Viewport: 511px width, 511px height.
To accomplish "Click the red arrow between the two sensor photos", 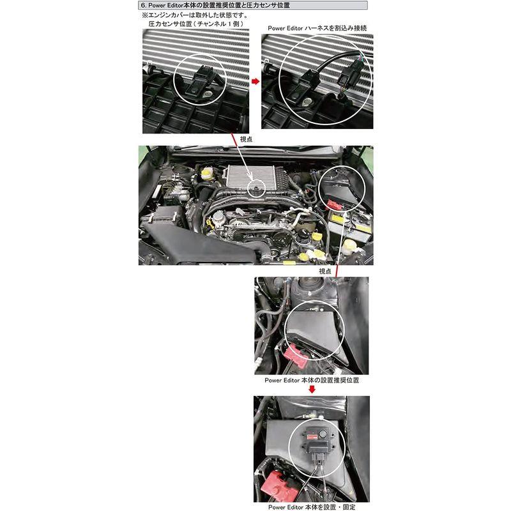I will pyautogui.click(x=255, y=82).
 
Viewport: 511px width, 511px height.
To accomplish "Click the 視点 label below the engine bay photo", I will pyautogui.click(x=324, y=271).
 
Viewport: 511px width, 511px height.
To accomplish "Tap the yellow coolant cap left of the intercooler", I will pyautogui.click(x=206, y=172).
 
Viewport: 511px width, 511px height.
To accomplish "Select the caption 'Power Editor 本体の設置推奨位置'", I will pyautogui.click(x=312, y=379).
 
